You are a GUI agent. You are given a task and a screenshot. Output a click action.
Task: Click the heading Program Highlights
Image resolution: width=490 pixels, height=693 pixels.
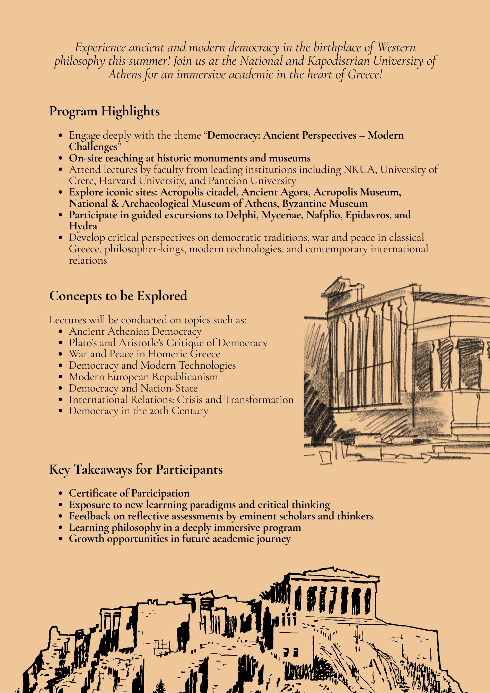[104, 112]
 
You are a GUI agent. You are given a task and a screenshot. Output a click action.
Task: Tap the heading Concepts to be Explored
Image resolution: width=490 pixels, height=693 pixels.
[118, 296]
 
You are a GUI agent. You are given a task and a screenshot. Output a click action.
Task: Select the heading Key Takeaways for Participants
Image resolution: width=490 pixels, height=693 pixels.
[136, 470]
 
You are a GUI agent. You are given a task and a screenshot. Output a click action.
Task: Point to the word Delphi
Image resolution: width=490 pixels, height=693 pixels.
[242, 215]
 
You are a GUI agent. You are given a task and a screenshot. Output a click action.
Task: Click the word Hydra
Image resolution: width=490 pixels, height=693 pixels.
[83, 226]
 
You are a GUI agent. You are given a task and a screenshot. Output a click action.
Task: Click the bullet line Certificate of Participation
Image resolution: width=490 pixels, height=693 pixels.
[129, 493]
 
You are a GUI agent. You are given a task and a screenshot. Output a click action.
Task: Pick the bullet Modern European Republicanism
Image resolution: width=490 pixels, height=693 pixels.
[143, 377]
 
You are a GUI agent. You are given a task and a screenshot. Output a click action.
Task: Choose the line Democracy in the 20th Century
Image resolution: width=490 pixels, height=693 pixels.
[139, 411]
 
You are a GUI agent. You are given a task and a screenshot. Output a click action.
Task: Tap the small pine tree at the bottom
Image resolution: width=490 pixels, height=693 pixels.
[160, 686]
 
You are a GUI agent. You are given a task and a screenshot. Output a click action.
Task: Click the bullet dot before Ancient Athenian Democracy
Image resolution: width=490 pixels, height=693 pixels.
[61, 332]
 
